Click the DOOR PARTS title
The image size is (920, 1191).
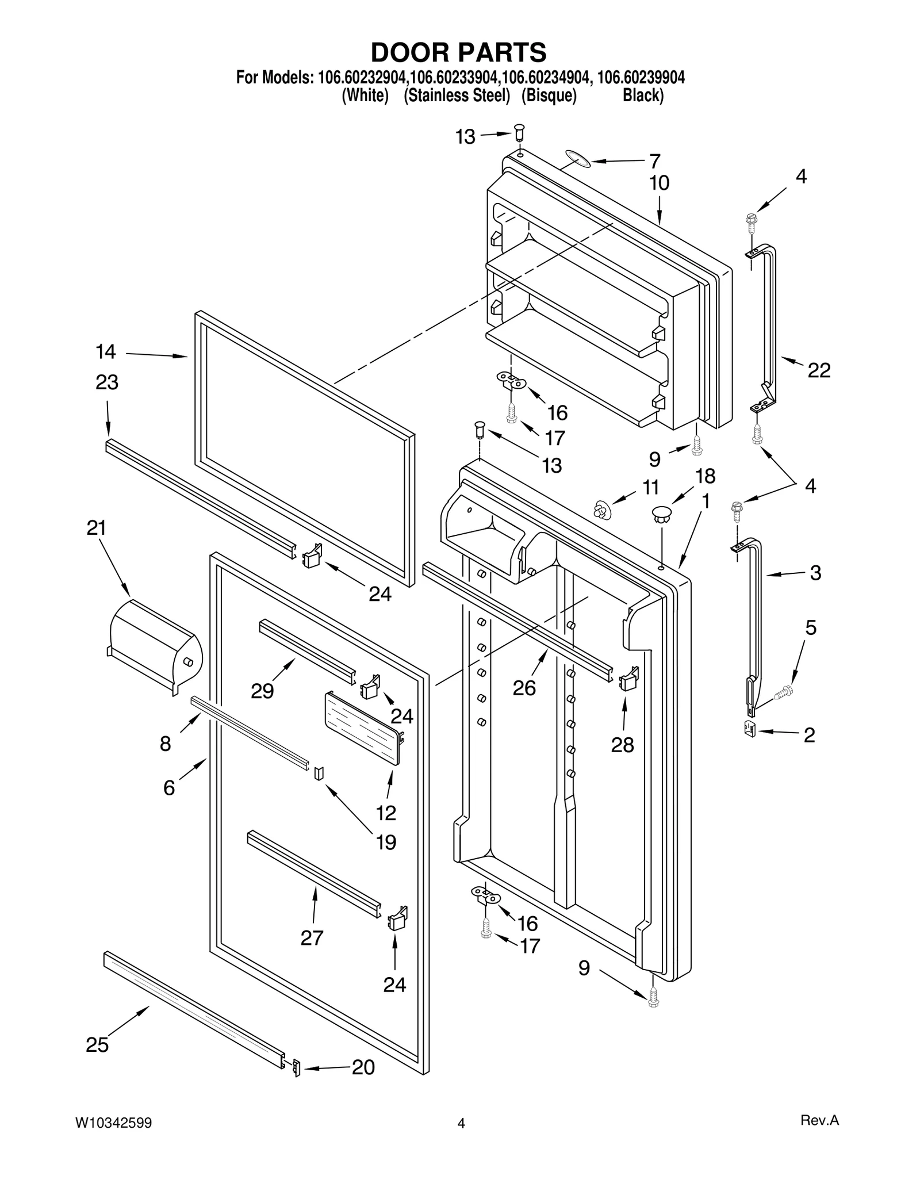click(x=458, y=53)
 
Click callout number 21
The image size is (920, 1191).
click(x=97, y=528)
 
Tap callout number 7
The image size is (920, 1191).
click(x=654, y=161)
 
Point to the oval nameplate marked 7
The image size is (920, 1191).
click(x=577, y=159)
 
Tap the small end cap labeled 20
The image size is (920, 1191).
click(x=297, y=1067)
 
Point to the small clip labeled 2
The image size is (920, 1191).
click(x=750, y=728)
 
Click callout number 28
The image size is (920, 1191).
click(x=622, y=745)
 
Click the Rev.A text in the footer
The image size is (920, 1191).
click(x=819, y=1120)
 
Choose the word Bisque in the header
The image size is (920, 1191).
click(x=549, y=95)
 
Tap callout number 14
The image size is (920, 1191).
click(x=106, y=351)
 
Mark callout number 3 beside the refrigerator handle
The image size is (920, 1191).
click(x=815, y=573)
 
